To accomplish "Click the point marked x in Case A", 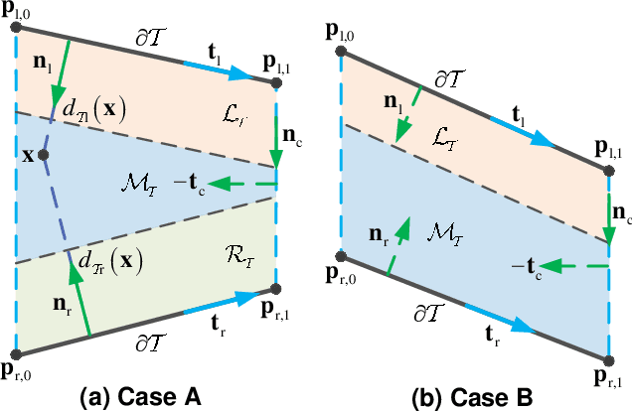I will coord(44,156).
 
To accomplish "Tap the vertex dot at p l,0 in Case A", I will coord(16,27).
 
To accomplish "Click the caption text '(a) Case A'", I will coord(141,396).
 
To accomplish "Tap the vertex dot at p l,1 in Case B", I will coord(607,173).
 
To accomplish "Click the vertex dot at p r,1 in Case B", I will coord(607,358).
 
